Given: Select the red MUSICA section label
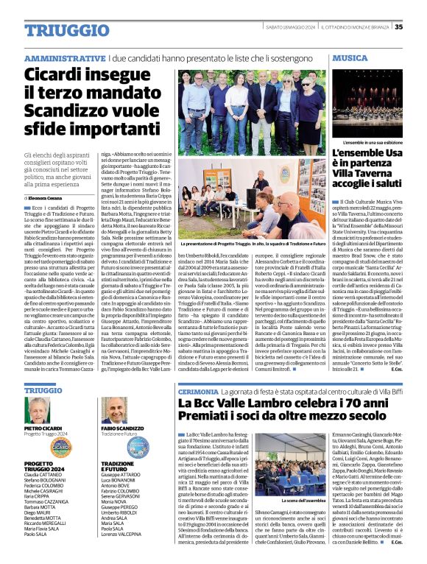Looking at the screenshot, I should coord(350,57).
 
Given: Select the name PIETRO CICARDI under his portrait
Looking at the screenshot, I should coord(43,429).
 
